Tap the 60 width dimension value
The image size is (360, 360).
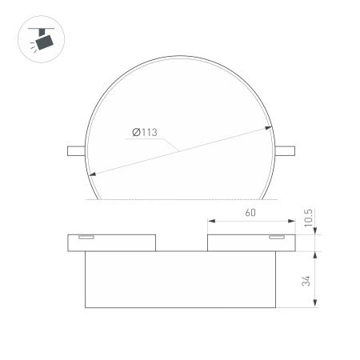pyautogui.click(x=250, y=214)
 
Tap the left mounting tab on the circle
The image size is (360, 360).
pyautogui.click(x=74, y=149)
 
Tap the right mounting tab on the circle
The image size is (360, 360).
pyautogui.click(x=286, y=149)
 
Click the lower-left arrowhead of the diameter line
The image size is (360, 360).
pyautogui.click(x=93, y=175)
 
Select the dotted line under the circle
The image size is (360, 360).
pyautogui.click(x=180, y=198)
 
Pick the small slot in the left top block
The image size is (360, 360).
pyautogui.click(x=85, y=238)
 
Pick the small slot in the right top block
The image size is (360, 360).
pyautogui.click(x=276, y=238)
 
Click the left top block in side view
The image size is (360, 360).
pyautogui.click(x=112, y=242)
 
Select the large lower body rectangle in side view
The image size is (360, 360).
pyautogui.click(x=180, y=279)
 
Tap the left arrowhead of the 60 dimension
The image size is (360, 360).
pyautogui.click(x=210, y=222)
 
